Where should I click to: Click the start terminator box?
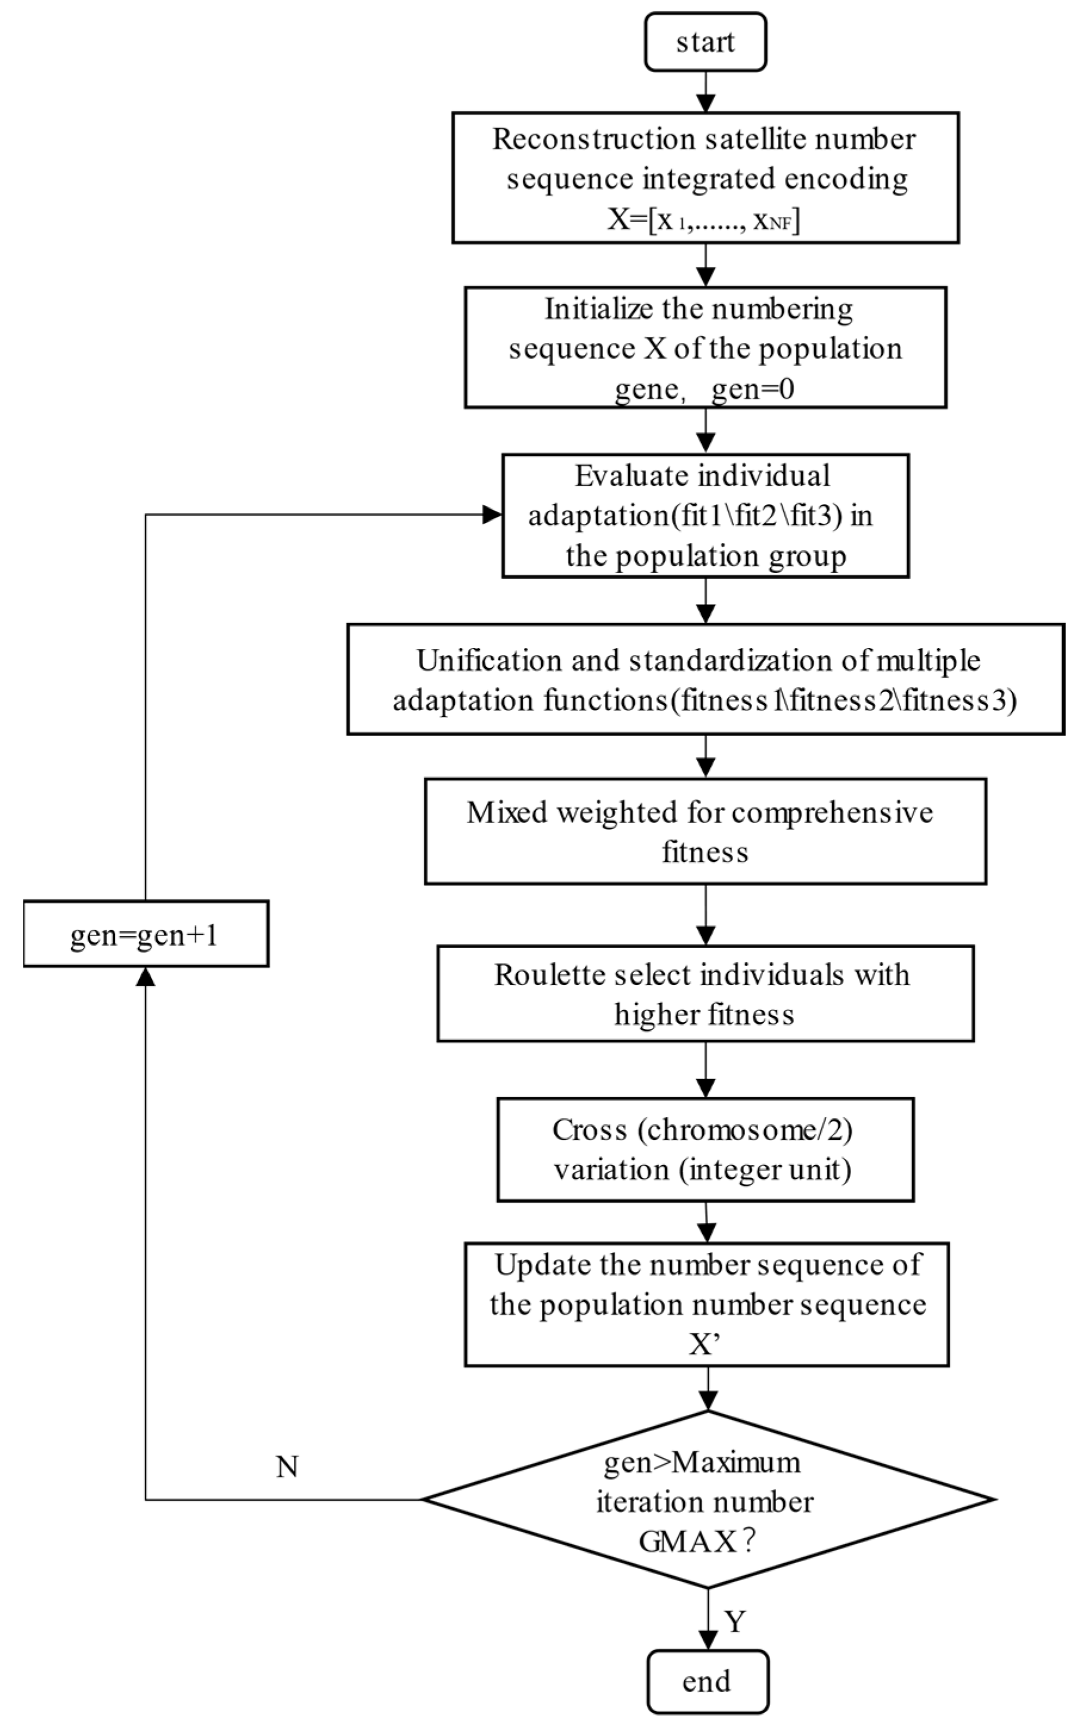[x=705, y=42]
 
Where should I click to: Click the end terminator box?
[x=707, y=1681]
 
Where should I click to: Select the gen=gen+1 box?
[x=145, y=934]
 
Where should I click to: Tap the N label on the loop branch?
[x=287, y=1467]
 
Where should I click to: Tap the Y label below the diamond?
[x=736, y=1621]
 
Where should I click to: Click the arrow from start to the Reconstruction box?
[x=706, y=92]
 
